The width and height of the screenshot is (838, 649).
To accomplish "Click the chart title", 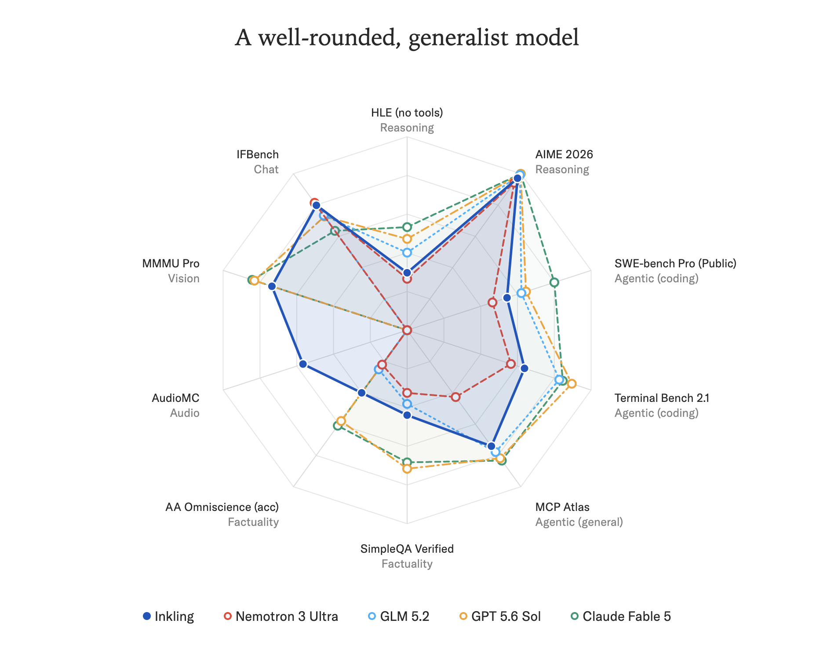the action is point(407,37).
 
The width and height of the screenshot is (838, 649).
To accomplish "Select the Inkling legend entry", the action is point(168,616).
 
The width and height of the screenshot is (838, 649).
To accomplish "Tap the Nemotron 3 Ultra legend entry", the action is point(281,616).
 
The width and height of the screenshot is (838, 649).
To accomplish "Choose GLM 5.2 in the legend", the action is point(398,616).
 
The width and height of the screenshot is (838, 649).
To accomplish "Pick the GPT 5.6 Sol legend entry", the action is point(500,616).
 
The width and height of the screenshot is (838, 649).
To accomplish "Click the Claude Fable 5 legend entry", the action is point(620,616).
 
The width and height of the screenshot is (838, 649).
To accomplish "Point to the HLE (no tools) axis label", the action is point(407,113).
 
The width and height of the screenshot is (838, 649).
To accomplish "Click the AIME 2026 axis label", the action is point(564,154).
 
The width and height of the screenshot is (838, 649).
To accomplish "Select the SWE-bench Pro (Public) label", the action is point(675,263).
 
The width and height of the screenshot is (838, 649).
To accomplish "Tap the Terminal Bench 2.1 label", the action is point(662,398).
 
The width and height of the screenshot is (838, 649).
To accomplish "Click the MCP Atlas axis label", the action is point(562,507).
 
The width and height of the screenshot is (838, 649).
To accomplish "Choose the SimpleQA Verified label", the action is point(407,549).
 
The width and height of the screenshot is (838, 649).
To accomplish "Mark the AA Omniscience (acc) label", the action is point(222,507).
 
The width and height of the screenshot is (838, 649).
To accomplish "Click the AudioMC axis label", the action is point(175,398).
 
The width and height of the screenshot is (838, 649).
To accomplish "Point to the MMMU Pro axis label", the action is point(171,263).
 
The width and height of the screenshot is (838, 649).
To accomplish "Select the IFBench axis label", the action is point(257,154).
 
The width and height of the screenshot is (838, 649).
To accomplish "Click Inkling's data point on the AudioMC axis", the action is point(303,364).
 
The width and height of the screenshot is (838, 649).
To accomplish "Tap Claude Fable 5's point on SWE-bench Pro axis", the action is point(554,282).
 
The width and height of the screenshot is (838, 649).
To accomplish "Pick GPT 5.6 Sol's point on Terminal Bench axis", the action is point(572,384).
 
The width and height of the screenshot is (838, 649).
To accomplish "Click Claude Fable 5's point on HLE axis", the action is point(407,227).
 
